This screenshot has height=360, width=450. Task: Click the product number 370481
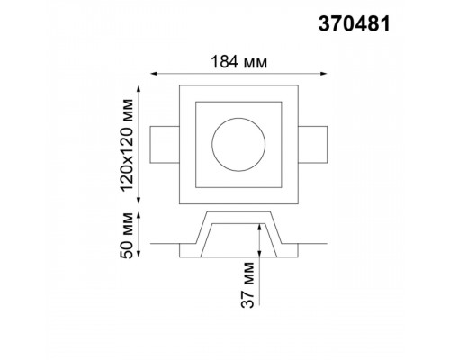(x=354, y=24)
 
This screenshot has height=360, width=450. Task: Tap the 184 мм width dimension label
(x=238, y=62)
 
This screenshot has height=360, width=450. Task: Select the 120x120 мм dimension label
(x=126, y=144)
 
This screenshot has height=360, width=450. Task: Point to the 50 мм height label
(x=126, y=236)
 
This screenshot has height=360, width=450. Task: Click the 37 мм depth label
(x=247, y=284)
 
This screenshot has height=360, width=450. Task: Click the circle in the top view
(x=238, y=118)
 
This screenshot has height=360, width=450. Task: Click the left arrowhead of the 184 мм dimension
(x=153, y=74)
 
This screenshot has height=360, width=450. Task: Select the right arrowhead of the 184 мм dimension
(x=324, y=74)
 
